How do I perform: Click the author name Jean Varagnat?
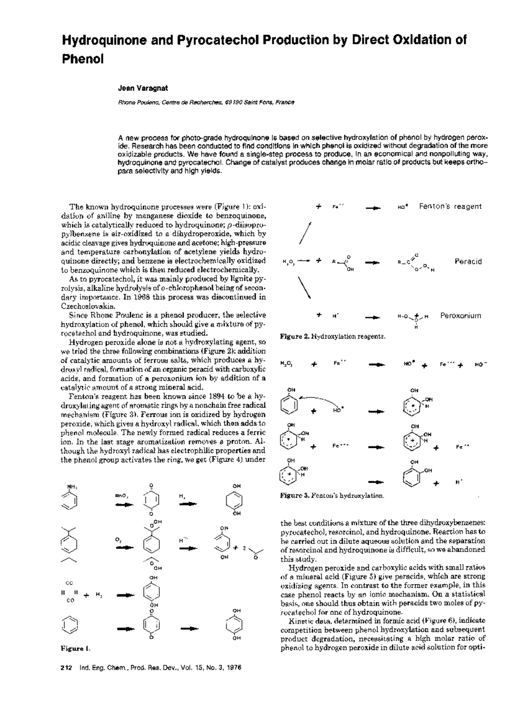pyautogui.click(x=136, y=88)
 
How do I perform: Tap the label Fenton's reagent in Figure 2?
pyautogui.click(x=450, y=206)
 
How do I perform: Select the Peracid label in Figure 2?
pyautogui.click(x=468, y=261)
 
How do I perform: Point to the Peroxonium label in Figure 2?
pyautogui.click(x=461, y=316)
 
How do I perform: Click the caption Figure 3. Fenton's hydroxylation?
pyautogui.click(x=332, y=496)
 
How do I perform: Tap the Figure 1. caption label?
pyautogui.click(x=76, y=648)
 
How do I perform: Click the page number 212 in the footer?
pyautogui.click(x=66, y=668)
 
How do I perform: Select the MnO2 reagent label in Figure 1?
pyautogui.click(x=121, y=496)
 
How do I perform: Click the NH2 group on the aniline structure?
pyautogui.click(x=71, y=486)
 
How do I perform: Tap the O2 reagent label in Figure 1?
pyautogui.click(x=118, y=539)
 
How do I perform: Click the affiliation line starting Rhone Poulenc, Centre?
pyautogui.click(x=205, y=103)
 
